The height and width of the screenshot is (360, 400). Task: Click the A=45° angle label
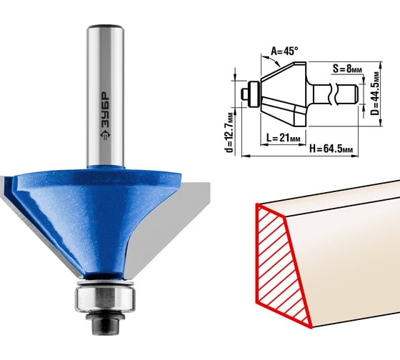point(284,51)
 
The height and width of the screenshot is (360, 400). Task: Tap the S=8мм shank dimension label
point(347,69)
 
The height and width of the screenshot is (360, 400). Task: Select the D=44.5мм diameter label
point(374,93)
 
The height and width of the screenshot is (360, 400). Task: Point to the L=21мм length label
point(283,138)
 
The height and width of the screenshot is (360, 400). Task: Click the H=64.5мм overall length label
point(331,149)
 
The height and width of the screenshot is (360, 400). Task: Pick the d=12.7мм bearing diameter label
point(230,132)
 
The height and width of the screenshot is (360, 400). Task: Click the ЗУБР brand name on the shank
point(105,109)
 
